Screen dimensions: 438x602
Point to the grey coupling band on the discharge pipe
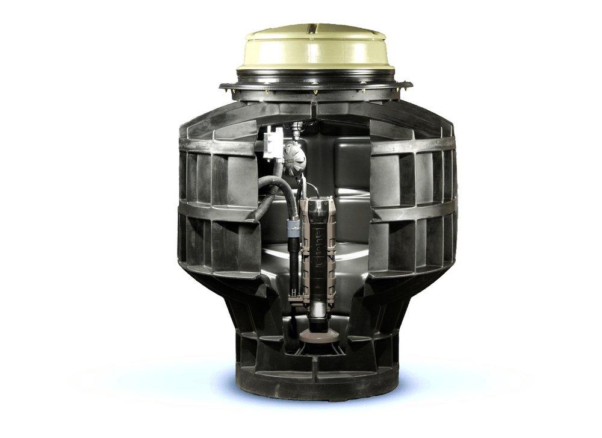coord(293,227)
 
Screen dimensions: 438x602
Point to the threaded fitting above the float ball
coord(296,128)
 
